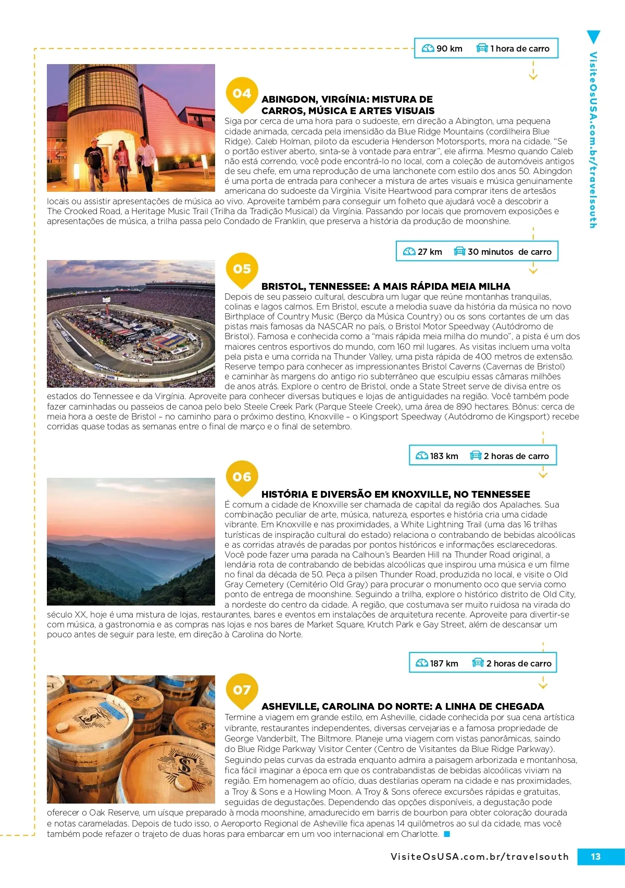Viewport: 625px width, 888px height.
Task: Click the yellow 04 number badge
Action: pyautogui.click(x=242, y=93)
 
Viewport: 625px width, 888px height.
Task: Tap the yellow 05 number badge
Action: pyautogui.click(x=242, y=269)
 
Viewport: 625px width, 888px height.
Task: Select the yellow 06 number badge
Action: pyautogui.click(x=242, y=476)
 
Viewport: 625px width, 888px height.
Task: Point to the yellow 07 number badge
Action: pyautogui.click(x=242, y=689)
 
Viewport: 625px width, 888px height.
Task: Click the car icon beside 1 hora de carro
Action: pyautogui.click(x=482, y=48)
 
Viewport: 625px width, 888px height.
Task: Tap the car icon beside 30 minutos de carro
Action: pyautogui.click(x=459, y=251)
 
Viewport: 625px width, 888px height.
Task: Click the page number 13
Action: pyautogui.click(x=595, y=856)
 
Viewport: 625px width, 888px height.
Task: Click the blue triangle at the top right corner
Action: pyautogui.click(x=593, y=37)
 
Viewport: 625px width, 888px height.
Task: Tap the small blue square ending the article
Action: pyautogui.click(x=446, y=834)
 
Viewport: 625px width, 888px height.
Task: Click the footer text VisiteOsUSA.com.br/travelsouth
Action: pyautogui.click(x=479, y=856)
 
